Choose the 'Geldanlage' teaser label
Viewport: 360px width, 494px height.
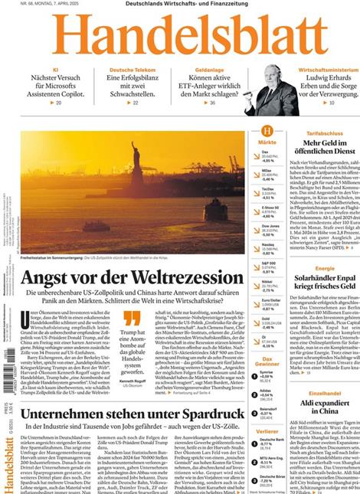[203, 69]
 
